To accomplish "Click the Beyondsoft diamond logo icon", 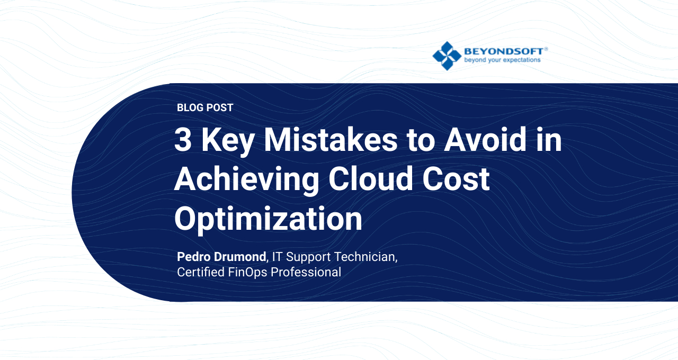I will tap(447, 56).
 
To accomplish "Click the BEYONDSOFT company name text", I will tap(503, 51).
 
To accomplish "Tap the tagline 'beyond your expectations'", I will tap(502, 60).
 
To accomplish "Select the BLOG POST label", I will tap(205, 107).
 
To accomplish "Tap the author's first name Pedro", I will tap(194, 257).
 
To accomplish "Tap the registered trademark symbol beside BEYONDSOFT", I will tap(546, 48).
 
